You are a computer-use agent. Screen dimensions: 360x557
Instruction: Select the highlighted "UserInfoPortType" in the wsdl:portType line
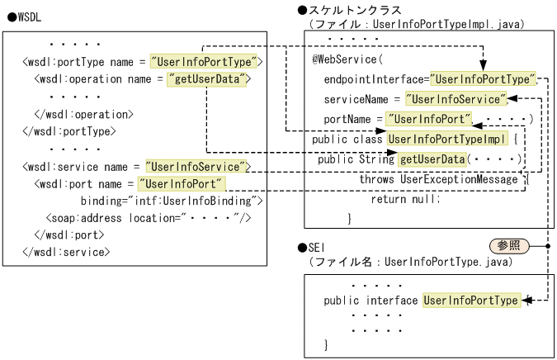(205, 61)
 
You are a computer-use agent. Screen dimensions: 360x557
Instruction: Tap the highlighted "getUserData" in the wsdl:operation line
(206, 79)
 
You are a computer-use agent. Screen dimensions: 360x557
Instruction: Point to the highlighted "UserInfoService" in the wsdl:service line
(197, 166)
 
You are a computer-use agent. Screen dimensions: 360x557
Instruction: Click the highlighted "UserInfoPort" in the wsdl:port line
(182, 183)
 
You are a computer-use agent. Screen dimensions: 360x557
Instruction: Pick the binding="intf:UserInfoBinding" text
(171, 201)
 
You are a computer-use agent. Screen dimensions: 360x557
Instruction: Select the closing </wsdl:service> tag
(65, 252)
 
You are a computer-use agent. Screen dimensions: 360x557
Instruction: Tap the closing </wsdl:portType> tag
(68, 130)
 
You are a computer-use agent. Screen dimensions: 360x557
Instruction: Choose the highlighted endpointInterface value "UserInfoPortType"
(484, 79)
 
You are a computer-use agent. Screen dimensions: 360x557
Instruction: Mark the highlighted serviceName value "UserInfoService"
(459, 99)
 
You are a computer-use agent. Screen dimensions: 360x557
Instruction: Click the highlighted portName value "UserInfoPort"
(429, 120)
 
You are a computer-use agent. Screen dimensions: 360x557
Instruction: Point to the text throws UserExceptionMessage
(438, 178)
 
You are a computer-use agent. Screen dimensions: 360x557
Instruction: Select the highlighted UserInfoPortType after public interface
(470, 301)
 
